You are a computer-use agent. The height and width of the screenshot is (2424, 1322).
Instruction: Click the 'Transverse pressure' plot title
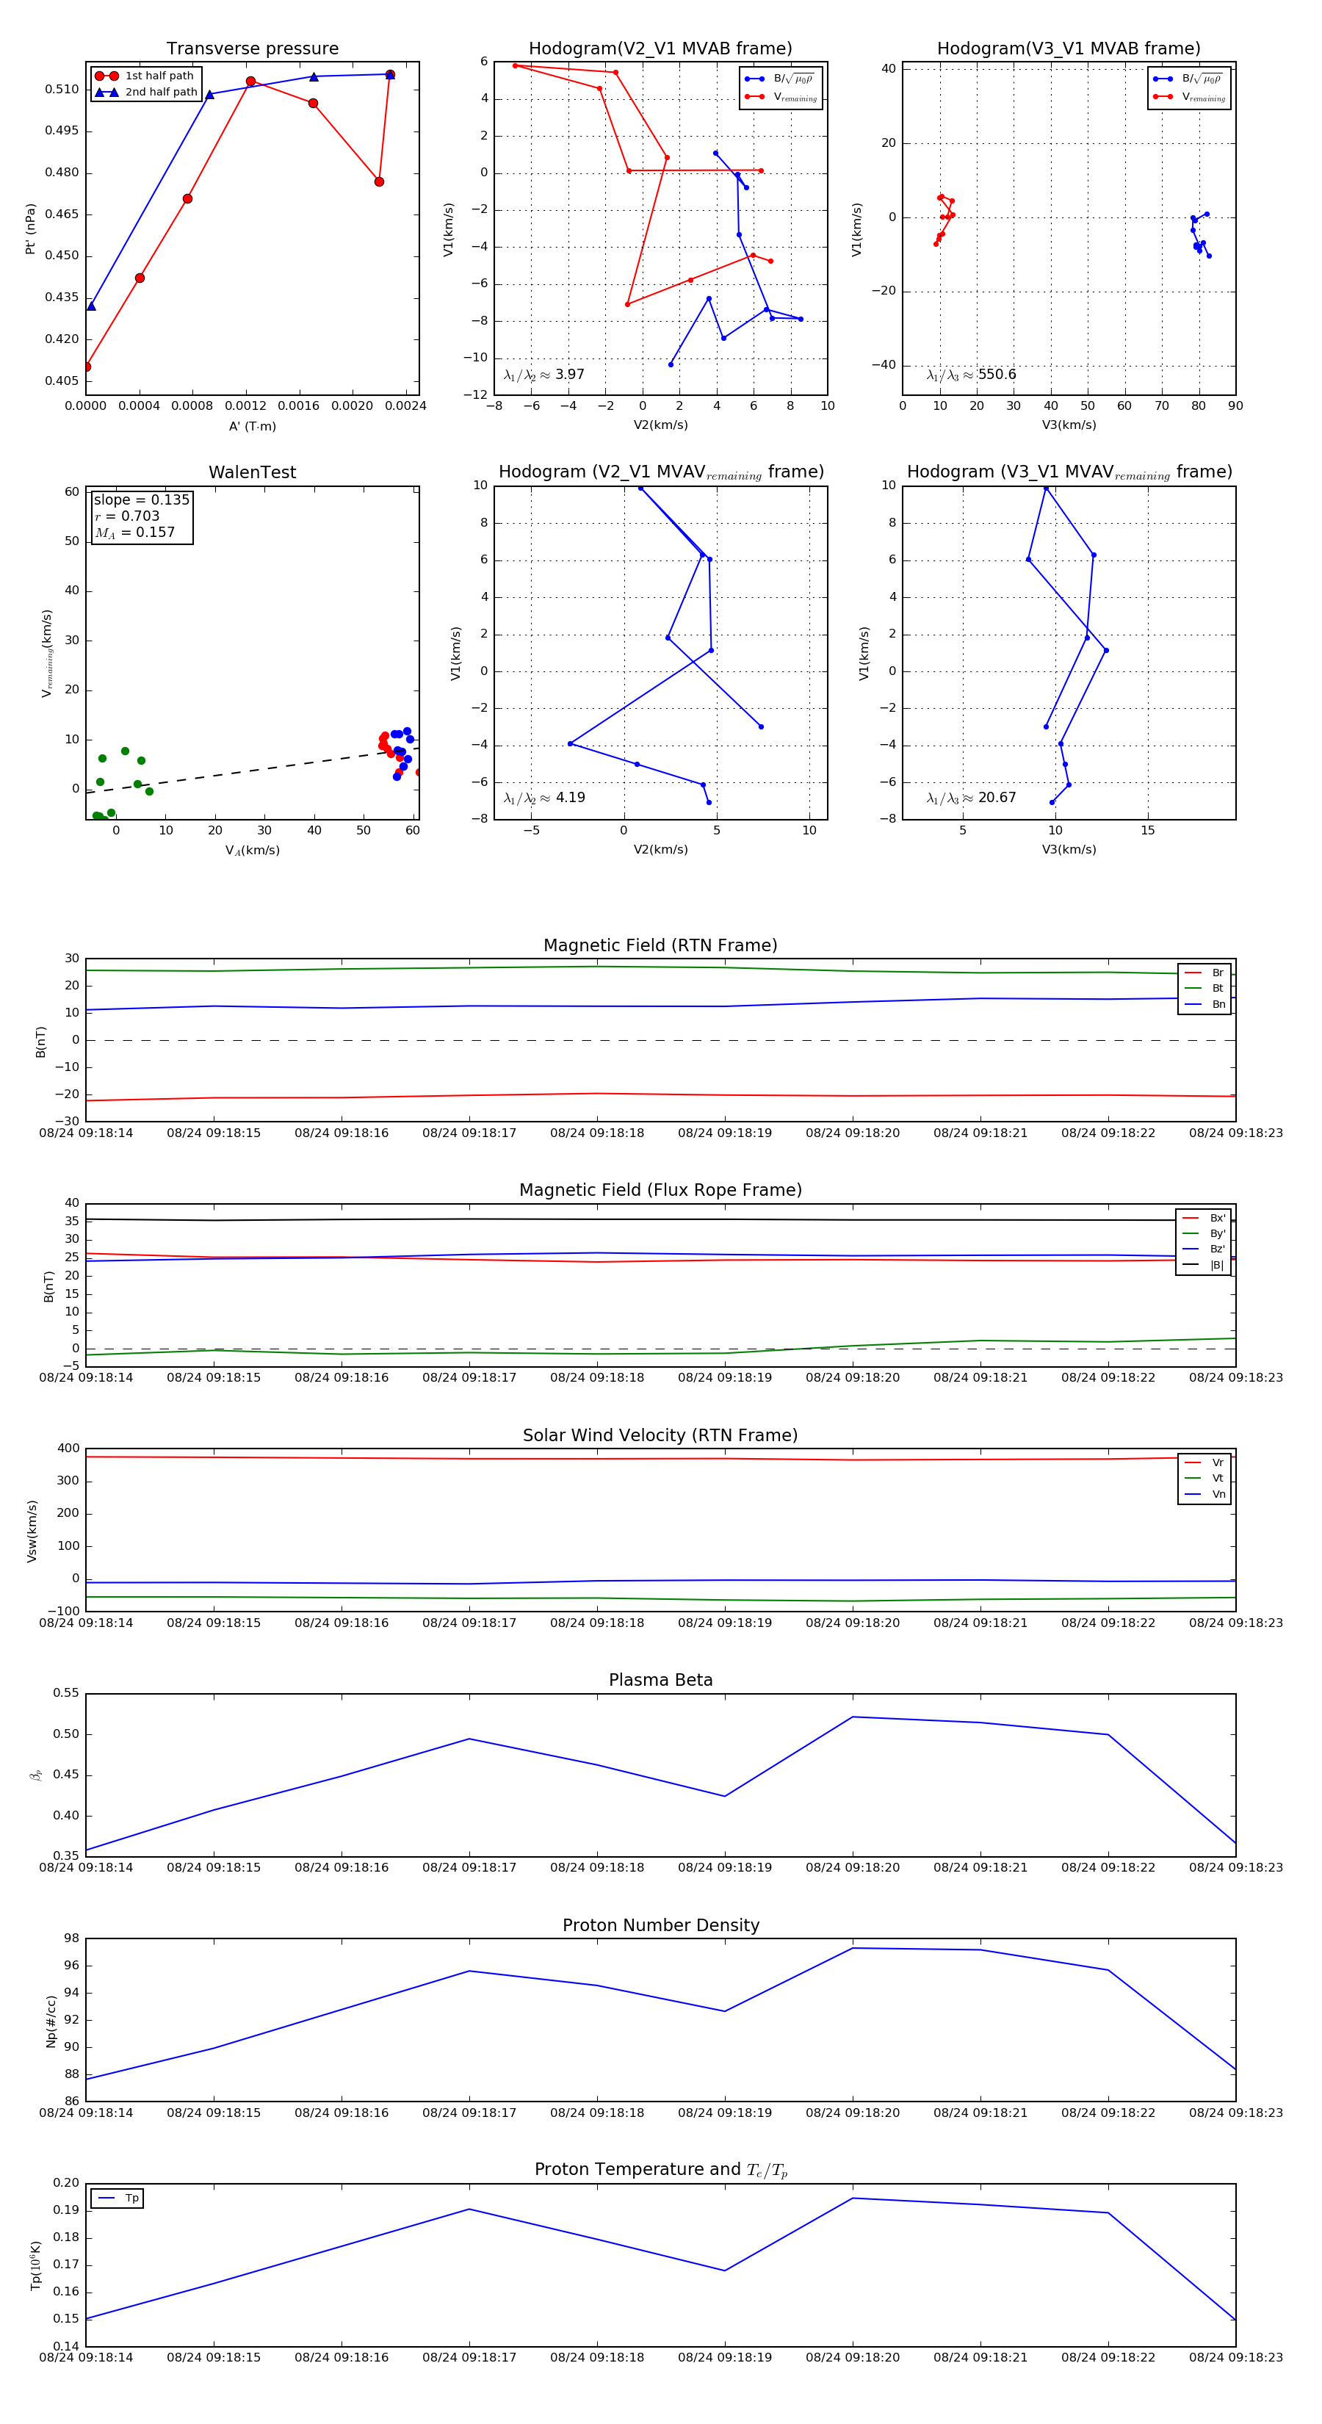(x=252, y=49)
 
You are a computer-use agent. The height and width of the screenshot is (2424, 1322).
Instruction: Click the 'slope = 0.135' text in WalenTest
(x=141, y=499)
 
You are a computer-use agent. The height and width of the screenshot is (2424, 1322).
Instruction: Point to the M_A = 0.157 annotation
(x=134, y=533)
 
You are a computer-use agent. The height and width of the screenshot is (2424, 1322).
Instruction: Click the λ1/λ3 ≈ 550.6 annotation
(x=971, y=375)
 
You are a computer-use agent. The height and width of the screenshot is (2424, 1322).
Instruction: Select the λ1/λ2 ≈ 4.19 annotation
(x=543, y=798)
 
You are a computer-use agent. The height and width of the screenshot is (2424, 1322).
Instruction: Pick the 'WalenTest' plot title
(x=252, y=472)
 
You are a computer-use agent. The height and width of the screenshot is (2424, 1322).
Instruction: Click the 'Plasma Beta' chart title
(x=660, y=1681)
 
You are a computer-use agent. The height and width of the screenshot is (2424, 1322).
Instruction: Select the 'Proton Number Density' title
(x=660, y=1925)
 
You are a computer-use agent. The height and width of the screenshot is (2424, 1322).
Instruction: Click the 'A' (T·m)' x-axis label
(x=252, y=426)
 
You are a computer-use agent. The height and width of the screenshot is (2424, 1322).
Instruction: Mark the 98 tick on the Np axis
(x=71, y=1938)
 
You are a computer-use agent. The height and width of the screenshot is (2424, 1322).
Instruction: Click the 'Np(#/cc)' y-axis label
(x=51, y=2020)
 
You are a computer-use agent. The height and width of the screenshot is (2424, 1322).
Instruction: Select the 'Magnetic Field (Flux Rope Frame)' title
(x=660, y=1191)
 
